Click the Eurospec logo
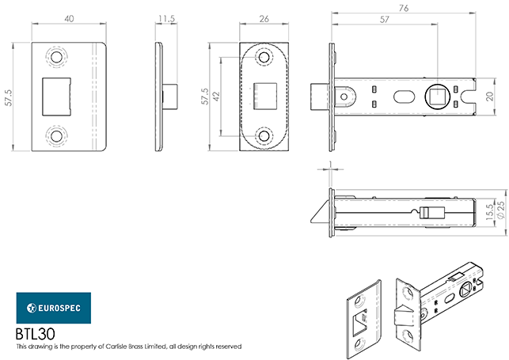[x=54, y=306]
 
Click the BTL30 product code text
[x=34, y=334]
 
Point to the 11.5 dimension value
[x=165, y=17]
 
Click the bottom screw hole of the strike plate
[x=57, y=135]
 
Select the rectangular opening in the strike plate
[x=55, y=97]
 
